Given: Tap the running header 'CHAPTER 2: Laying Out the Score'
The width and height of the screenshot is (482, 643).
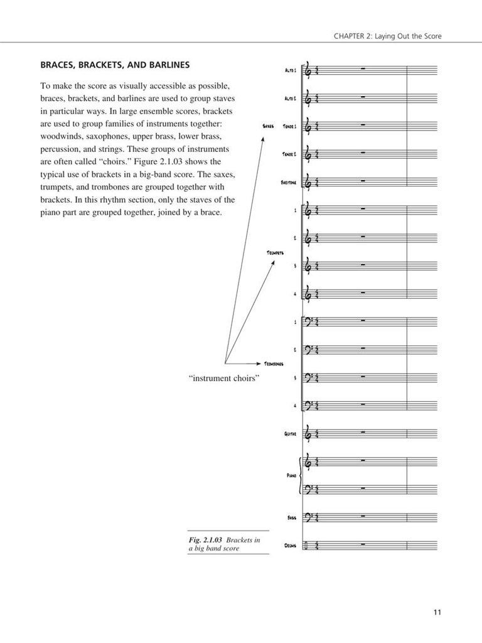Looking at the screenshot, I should [387, 36].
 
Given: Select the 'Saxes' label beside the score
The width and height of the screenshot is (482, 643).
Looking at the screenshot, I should [268, 126].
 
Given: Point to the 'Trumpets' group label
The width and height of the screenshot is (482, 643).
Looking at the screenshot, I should [275, 252].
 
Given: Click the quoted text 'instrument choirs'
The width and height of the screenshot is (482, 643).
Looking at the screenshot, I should [224, 379].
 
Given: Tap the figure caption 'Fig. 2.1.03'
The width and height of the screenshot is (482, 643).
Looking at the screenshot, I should [206, 540].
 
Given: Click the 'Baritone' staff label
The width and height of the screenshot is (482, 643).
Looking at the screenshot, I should [289, 182].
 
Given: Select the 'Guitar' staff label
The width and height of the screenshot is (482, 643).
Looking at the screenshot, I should [290, 433].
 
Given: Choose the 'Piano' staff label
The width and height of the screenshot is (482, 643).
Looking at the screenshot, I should [291, 476].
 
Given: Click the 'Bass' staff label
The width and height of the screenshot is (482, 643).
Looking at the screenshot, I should [291, 518].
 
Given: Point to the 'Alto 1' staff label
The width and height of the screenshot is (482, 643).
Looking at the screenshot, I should [291, 70].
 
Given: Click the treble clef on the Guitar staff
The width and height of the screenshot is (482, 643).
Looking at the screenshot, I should [309, 433].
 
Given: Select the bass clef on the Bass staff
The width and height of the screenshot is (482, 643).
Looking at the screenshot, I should [309, 517].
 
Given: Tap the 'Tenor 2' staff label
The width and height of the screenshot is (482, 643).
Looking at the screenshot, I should [289, 154].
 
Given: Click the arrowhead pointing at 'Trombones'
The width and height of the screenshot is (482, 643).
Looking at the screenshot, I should [259, 363].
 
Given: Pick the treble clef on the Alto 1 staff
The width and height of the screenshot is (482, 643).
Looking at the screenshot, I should [309, 71].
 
